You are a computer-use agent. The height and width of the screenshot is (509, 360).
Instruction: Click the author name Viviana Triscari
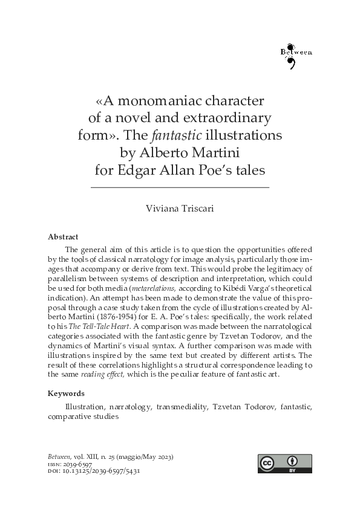(180, 209)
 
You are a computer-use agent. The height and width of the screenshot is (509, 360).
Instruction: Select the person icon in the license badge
(293, 459)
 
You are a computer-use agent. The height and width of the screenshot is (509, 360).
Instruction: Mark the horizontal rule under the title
(180, 188)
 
